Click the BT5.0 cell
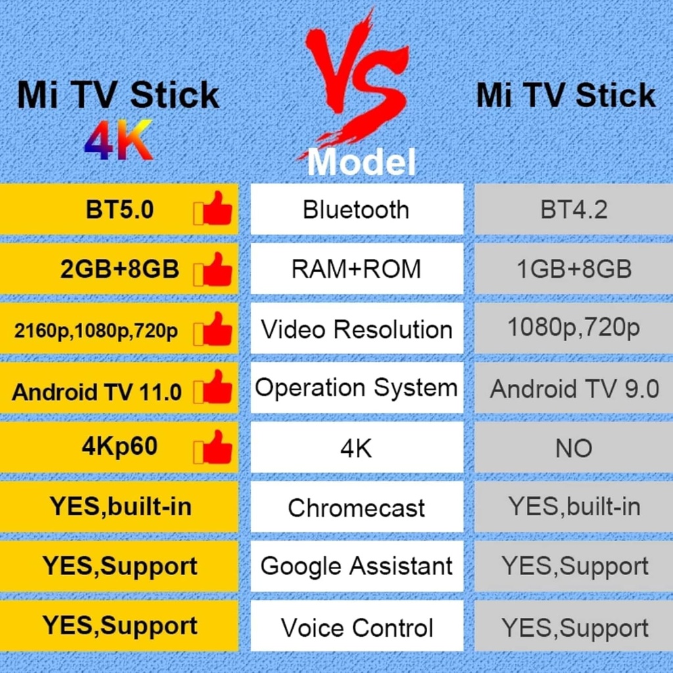[120, 210]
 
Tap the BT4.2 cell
[574, 210]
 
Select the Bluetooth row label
[356, 210]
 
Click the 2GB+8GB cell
[120, 269]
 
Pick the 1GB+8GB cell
[574, 269]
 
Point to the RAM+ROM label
[356, 269]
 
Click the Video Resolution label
[356, 329]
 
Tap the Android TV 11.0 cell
[97, 392]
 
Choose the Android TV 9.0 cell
[574, 388]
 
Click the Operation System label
[356, 388]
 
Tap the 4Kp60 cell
[120, 447]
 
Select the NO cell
[574, 448]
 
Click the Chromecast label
[356, 507]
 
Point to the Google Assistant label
[356, 567]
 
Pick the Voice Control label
[356, 627]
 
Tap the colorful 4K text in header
[118, 141]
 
